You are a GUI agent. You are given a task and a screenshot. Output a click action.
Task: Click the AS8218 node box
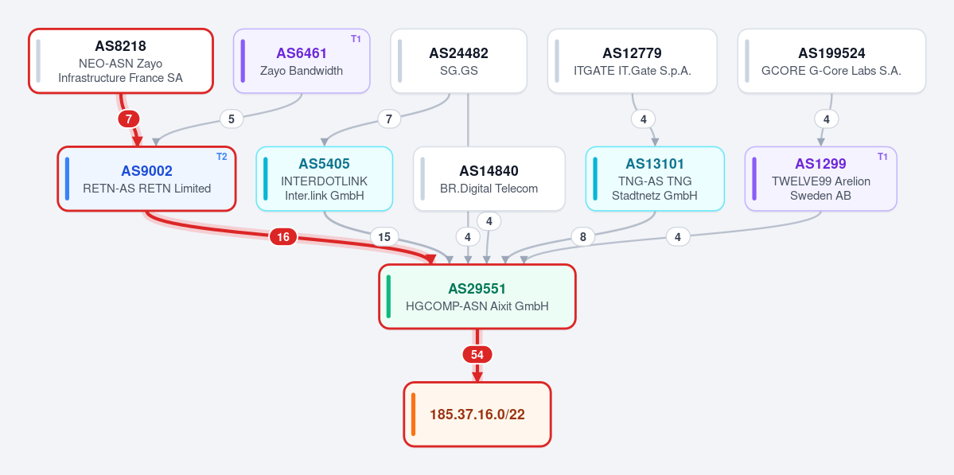point(121,60)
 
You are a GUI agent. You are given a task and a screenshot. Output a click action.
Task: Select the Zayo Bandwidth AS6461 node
point(302,60)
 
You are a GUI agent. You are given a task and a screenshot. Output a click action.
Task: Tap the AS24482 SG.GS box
point(459,60)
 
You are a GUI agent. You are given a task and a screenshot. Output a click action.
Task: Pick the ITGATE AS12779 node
point(633,60)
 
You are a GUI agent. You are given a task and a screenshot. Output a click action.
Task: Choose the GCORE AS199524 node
point(831,60)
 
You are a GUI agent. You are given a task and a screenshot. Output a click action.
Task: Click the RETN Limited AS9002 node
point(146,179)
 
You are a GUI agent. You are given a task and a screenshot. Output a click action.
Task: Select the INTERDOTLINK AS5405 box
point(325,179)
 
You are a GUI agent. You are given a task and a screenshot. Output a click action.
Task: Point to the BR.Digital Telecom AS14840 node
point(489,179)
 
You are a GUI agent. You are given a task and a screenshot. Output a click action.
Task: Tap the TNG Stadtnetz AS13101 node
point(656,179)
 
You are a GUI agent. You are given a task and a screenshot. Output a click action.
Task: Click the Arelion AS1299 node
point(821,179)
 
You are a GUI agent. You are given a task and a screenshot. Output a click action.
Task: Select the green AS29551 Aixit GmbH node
point(477,297)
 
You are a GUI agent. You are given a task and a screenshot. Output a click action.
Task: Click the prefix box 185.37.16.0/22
point(477,415)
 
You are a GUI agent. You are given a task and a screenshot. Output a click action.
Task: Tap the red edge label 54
point(477,355)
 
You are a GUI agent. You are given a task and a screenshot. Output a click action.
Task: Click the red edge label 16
point(283,237)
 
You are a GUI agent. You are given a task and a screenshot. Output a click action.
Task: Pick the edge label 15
point(384,236)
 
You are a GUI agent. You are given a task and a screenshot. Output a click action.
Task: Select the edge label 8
point(583,236)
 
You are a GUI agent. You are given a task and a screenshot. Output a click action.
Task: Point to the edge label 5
point(232,119)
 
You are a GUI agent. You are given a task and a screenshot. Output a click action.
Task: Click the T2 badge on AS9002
point(221,156)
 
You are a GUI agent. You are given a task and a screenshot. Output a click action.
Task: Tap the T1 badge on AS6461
point(356,39)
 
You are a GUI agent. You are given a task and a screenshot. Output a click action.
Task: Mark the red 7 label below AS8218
point(128,119)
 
